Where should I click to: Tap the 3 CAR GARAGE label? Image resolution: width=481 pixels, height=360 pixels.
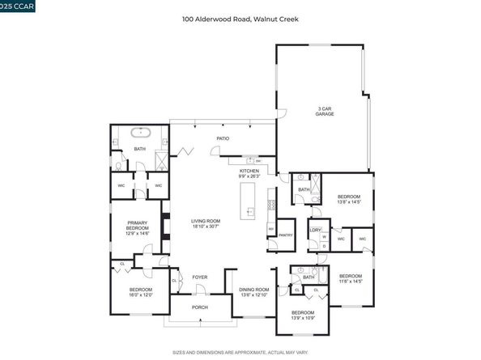coord(326,111)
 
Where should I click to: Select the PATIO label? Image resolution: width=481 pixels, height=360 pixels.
coord(222,138)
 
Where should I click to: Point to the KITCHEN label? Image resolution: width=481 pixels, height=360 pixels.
coord(249,171)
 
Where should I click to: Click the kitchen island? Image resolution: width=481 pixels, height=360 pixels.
coord(250,202)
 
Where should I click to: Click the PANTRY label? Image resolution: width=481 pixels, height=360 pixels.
coord(284,235)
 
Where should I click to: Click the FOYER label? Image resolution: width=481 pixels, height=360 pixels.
coord(200,277)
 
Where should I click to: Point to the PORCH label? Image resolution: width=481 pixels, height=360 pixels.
coord(200,307)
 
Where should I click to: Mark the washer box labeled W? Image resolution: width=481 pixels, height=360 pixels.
coord(323,237)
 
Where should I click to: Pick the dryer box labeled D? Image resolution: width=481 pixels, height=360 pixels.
coord(323,246)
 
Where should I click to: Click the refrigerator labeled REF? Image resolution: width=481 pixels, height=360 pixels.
coord(271,229)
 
